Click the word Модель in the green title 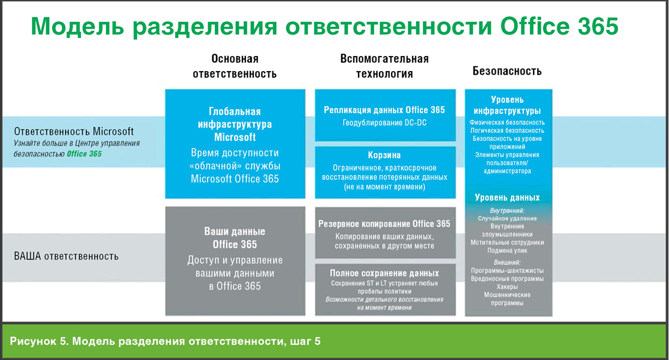coord(77,27)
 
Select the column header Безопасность coord(507,71)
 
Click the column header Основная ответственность coord(235,66)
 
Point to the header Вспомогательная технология coord(384,66)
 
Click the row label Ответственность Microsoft coord(74,131)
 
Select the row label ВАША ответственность coord(66,256)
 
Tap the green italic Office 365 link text coord(84,154)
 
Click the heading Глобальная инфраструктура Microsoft coord(235,124)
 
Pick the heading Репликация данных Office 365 coord(384,110)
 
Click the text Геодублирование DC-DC coord(384,123)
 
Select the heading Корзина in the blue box coord(384,155)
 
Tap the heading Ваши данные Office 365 coord(235,238)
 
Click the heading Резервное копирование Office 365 coord(384,224)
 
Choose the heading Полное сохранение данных coord(384,273)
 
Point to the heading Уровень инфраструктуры coord(507,105)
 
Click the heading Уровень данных coord(507,197)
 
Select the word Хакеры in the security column coord(507,287)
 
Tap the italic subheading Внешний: coord(507,262)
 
